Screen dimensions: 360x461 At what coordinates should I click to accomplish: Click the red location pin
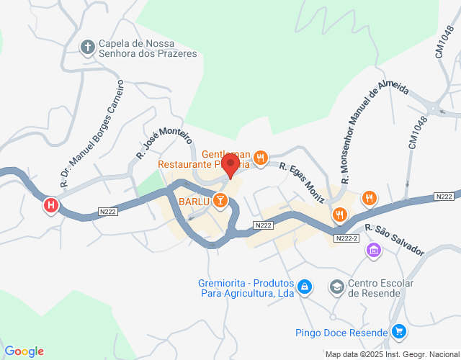click(230, 164)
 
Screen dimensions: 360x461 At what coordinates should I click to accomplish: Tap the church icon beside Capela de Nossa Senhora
click(88, 48)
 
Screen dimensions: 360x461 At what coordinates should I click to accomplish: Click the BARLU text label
click(194, 202)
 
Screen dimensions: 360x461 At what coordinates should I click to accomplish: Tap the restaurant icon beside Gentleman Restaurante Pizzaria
click(261, 156)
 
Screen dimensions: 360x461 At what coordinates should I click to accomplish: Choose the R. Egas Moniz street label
click(302, 181)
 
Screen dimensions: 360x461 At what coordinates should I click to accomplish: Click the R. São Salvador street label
click(395, 240)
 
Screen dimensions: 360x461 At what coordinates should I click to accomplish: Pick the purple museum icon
click(374, 250)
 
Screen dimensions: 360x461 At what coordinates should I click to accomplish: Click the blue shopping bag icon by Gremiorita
click(305, 287)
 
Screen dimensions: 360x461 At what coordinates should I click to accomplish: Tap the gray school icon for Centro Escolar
click(336, 287)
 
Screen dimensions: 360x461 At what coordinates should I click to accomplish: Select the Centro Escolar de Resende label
click(380, 288)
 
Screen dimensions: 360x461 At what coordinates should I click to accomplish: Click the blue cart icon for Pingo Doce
click(400, 332)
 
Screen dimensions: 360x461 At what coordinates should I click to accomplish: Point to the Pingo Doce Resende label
click(341, 333)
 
